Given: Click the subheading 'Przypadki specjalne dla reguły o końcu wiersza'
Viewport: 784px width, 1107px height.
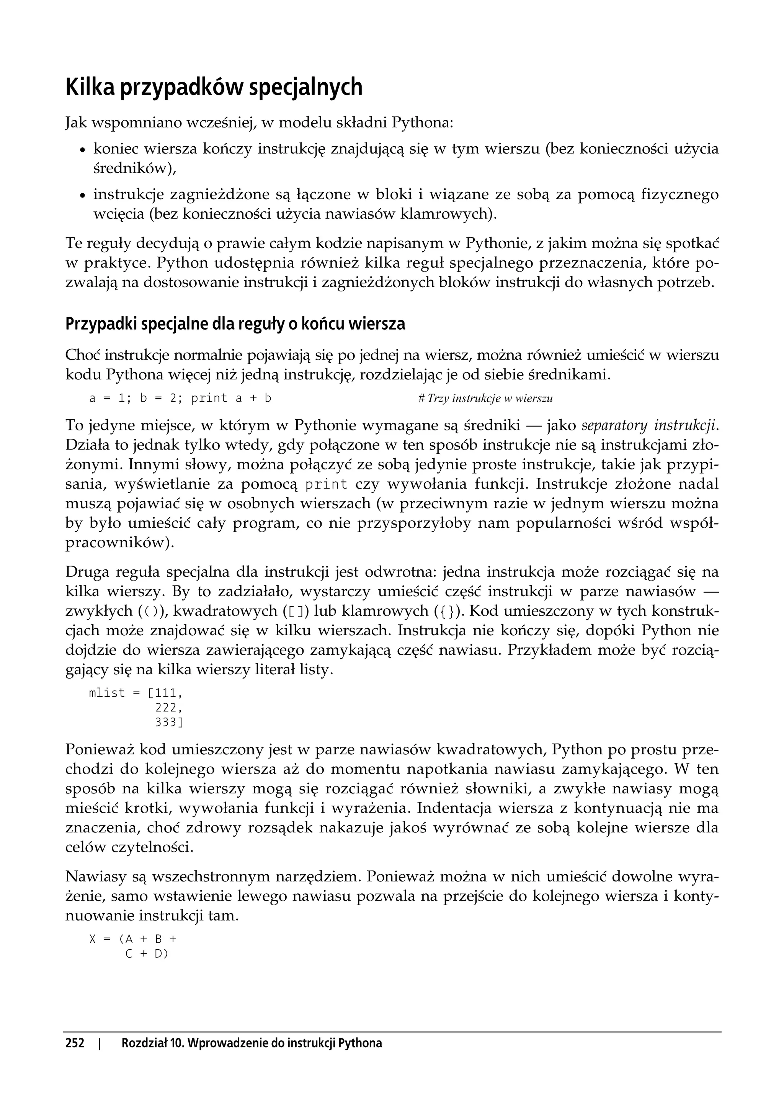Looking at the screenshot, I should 235,324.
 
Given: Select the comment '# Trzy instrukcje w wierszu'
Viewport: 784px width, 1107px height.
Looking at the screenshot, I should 485,399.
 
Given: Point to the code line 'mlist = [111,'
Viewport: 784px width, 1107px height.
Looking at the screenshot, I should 136,693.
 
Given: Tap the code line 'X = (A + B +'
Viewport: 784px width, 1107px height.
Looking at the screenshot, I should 133,939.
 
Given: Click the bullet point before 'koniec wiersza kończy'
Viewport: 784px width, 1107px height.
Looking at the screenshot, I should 83,150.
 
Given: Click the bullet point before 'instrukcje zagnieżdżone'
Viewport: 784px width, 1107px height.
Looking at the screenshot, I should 83,196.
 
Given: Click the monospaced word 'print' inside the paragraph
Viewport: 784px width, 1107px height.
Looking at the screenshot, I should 327,484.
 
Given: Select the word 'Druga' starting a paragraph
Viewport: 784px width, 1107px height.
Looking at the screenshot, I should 86,572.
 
